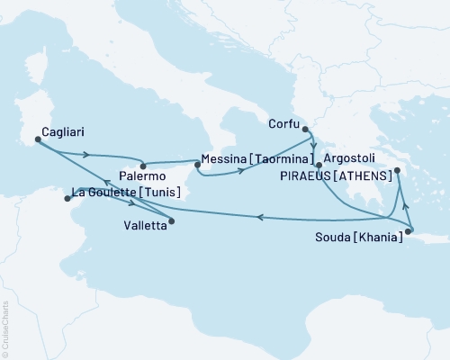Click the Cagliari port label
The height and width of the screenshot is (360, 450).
[x=58, y=128]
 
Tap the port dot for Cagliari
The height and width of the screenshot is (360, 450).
[x=37, y=139]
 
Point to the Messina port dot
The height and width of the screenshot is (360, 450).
[x=196, y=162]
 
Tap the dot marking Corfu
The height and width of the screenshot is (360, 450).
[x=310, y=126]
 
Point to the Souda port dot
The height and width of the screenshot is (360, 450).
[x=407, y=233]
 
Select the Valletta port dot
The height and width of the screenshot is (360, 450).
[x=172, y=220]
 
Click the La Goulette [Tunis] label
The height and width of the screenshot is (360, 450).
[x=125, y=192]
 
